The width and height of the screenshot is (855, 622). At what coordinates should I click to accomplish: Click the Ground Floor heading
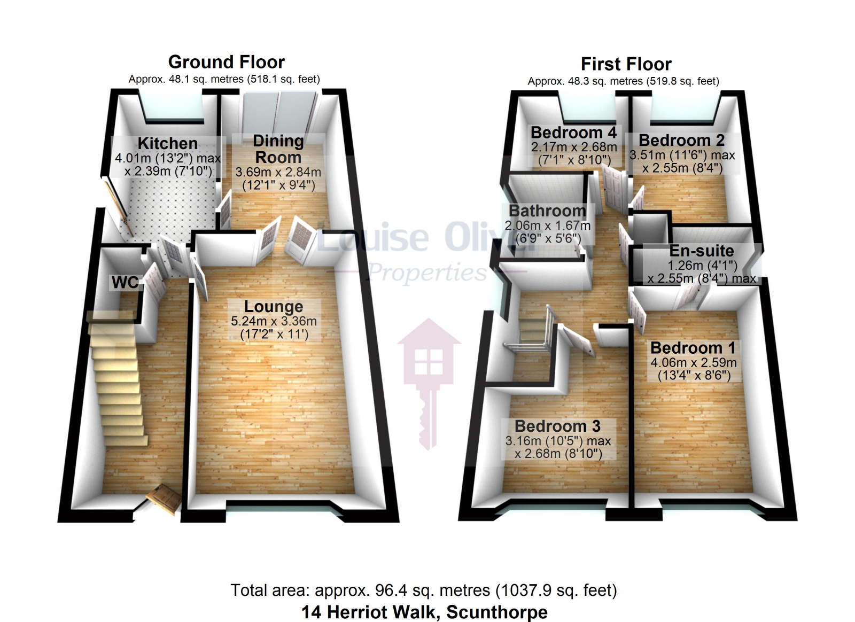226,62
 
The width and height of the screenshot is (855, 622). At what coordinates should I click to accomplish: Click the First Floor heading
626,64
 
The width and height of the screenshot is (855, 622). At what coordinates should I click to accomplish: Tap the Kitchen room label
167,143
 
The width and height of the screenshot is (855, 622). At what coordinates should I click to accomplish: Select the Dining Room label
278,149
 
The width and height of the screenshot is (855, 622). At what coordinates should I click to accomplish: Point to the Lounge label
274,306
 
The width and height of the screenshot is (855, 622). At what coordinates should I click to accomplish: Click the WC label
125,282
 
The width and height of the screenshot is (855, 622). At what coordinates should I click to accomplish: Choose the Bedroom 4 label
573,132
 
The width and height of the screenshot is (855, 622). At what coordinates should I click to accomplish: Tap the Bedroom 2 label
681,140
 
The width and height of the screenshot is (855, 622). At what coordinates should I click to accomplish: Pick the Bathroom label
547,211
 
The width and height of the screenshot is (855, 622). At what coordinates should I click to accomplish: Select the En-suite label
702,251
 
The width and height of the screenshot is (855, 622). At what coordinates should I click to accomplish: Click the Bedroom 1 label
693,347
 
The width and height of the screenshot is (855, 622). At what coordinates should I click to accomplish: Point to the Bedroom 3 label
557,426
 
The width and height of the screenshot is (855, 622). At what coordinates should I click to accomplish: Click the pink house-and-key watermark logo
429,374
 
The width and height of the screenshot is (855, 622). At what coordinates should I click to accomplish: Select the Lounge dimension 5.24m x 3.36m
274,321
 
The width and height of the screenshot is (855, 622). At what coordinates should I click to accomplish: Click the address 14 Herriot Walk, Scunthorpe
424,612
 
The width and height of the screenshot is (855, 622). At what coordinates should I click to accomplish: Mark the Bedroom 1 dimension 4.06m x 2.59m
693,362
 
